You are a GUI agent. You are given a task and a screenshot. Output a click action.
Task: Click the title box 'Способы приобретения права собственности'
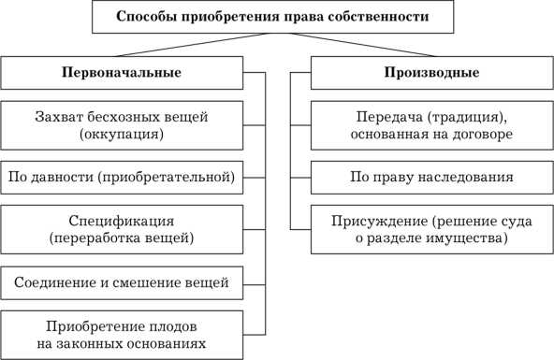[276, 17]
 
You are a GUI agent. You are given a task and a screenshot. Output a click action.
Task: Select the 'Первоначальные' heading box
[121, 73]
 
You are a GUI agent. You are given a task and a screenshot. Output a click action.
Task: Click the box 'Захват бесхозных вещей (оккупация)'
[121, 124]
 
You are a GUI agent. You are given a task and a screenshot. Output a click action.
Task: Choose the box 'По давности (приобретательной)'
[121, 175]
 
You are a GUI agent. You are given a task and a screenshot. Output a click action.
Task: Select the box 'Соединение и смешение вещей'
[121, 281]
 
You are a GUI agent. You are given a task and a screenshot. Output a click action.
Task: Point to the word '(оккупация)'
[123, 134]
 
